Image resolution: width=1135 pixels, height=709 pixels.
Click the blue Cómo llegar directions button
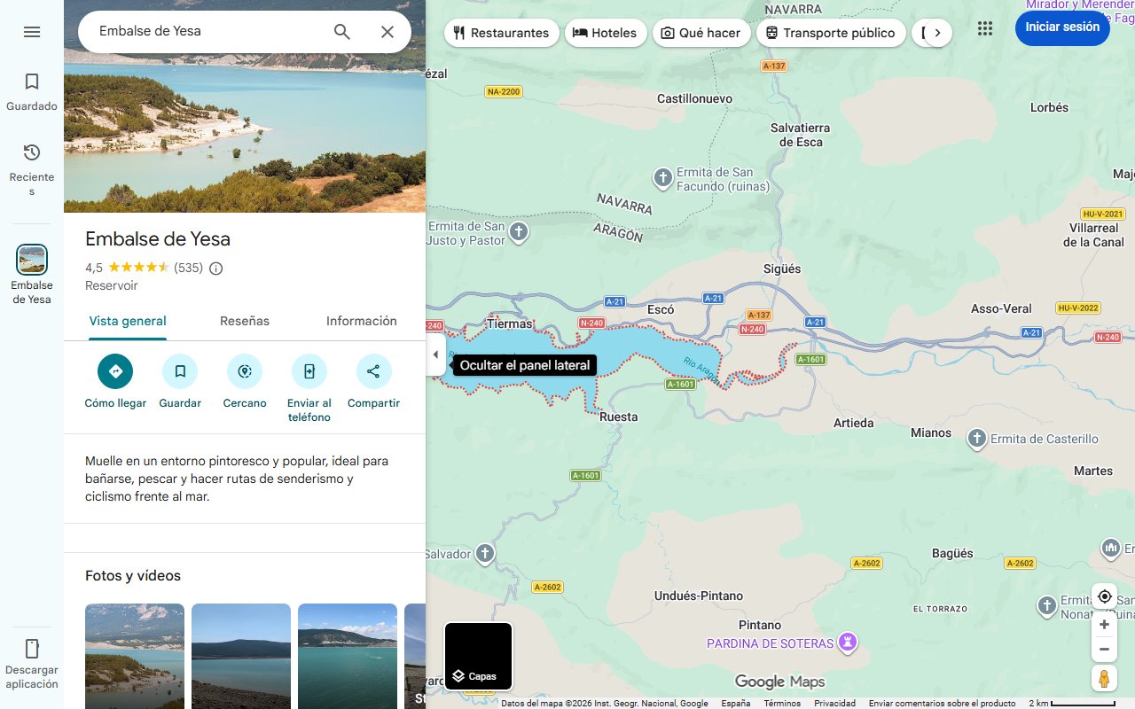(x=115, y=371)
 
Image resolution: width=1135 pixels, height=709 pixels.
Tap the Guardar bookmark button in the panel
(x=180, y=371)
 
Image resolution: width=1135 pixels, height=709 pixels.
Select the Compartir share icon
(x=373, y=371)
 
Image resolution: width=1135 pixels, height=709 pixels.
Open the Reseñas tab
(x=245, y=321)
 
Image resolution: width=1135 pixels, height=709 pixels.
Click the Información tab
(x=361, y=321)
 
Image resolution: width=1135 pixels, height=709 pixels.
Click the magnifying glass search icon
(x=342, y=32)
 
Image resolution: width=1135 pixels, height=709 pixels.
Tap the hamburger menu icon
(x=32, y=32)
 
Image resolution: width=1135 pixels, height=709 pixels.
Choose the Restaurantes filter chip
(x=501, y=33)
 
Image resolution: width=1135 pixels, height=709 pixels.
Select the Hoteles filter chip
(x=605, y=33)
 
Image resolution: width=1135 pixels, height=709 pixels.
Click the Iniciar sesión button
(x=1061, y=27)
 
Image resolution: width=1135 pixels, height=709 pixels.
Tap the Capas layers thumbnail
(x=478, y=657)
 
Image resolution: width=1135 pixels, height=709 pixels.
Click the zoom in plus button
(x=1104, y=625)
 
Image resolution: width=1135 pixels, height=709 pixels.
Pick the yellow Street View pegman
(x=1104, y=679)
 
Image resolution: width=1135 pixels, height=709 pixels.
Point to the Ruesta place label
(x=618, y=417)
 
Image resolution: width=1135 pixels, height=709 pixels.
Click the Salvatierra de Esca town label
(x=801, y=135)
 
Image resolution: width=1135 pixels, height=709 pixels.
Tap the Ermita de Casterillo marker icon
(x=976, y=439)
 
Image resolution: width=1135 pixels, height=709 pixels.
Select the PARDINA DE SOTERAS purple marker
(x=849, y=642)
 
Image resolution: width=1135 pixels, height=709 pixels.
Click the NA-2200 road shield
(x=504, y=92)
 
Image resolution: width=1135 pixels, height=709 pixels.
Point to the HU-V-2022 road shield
(x=1077, y=308)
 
